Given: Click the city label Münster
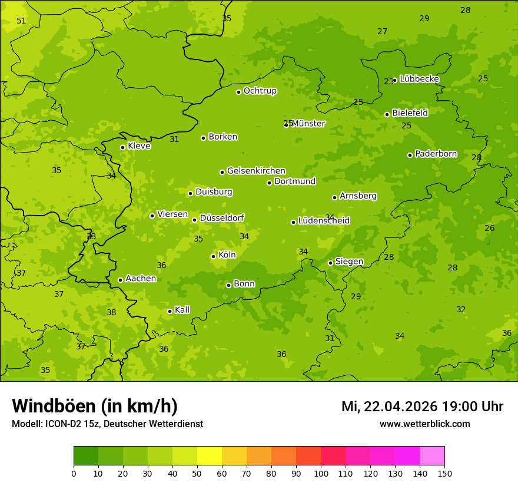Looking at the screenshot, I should (308, 124).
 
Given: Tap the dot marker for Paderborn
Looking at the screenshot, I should (410, 155).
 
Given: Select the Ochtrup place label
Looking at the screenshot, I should (260, 91).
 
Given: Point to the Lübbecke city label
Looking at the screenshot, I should (419, 79).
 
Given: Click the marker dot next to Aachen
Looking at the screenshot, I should (120, 280).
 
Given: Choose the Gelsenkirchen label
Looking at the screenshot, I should (256, 171).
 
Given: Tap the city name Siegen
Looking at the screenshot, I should (349, 262).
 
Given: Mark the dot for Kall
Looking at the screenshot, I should (170, 311).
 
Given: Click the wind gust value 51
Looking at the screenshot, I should (21, 21).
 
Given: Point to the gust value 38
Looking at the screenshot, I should (111, 313).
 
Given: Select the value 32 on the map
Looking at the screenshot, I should (461, 310).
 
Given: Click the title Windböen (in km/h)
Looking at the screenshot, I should (95, 406).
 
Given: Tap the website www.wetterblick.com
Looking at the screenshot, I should (424, 424).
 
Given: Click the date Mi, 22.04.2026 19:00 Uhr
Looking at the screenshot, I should (422, 407).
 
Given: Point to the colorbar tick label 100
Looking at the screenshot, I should (321, 473).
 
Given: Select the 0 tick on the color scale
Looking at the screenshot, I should (74, 473).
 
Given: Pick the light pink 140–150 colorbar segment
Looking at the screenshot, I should (432, 456).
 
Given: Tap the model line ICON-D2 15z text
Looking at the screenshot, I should (107, 424).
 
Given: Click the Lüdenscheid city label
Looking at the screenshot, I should (324, 221).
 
